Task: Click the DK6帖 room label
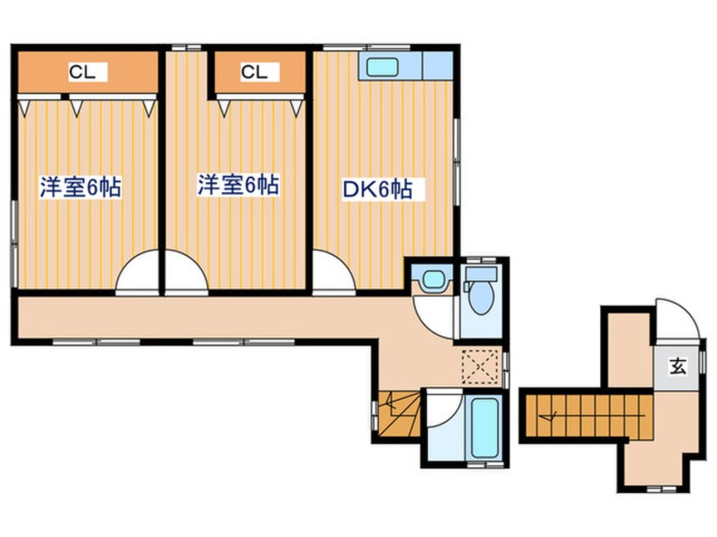point(377,189)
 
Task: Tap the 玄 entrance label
point(678,367)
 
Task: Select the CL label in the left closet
point(82,72)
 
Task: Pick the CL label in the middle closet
point(253,72)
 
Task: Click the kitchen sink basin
point(382,68)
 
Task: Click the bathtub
point(484,429)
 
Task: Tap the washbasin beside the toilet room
point(432,279)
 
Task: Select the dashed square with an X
point(479,366)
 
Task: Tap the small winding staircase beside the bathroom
point(399,413)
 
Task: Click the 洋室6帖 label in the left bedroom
point(81,187)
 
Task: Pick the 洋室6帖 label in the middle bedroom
point(238,185)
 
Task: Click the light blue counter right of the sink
point(438,66)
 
